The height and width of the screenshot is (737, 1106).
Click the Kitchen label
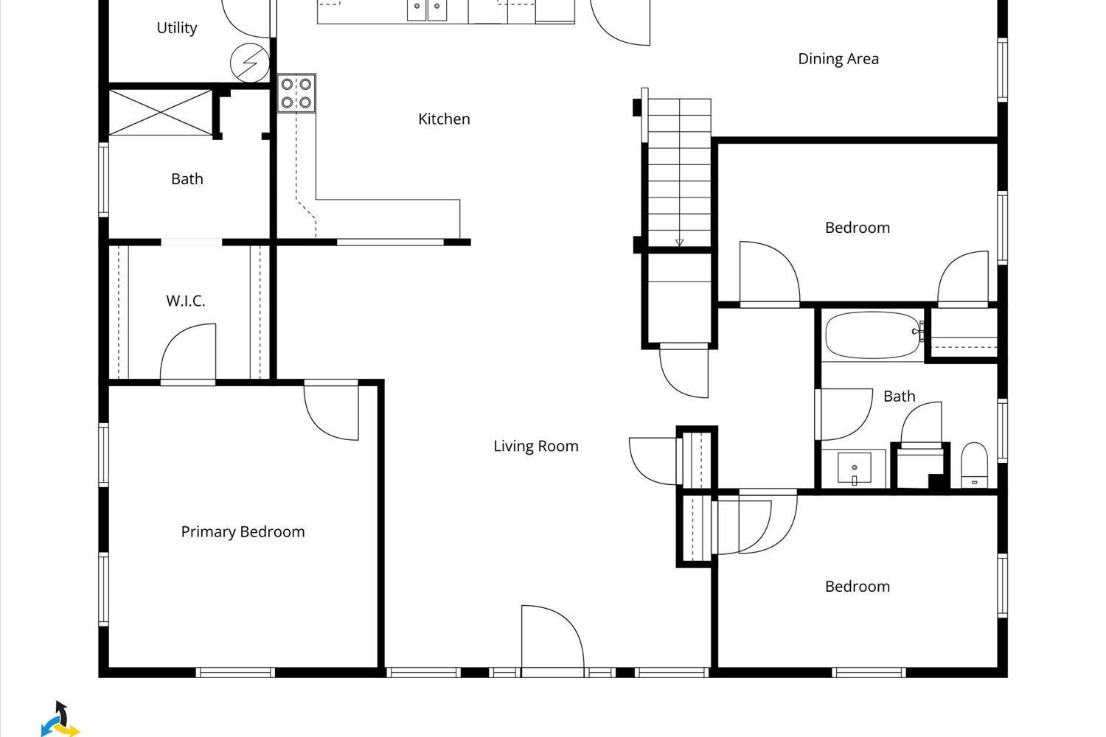tap(444, 119)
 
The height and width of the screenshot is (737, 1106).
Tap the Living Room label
tap(535, 446)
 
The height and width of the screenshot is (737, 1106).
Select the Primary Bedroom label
tap(243, 531)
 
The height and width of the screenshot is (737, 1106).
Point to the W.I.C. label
tap(185, 301)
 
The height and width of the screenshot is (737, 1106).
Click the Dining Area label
tap(838, 59)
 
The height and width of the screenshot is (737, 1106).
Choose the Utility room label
tap(177, 28)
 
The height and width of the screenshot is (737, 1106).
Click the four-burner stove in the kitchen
tap(296, 93)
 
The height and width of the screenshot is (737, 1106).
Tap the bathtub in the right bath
tap(872, 335)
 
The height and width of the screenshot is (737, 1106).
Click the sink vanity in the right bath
tap(854, 469)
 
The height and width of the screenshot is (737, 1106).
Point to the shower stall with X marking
tap(161, 112)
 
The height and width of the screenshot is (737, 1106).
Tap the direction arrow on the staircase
tap(679, 242)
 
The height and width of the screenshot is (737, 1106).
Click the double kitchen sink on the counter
tap(427, 10)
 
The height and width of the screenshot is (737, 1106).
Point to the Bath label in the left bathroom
tap(187, 179)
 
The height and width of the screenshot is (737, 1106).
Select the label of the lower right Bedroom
tap(857, 587)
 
